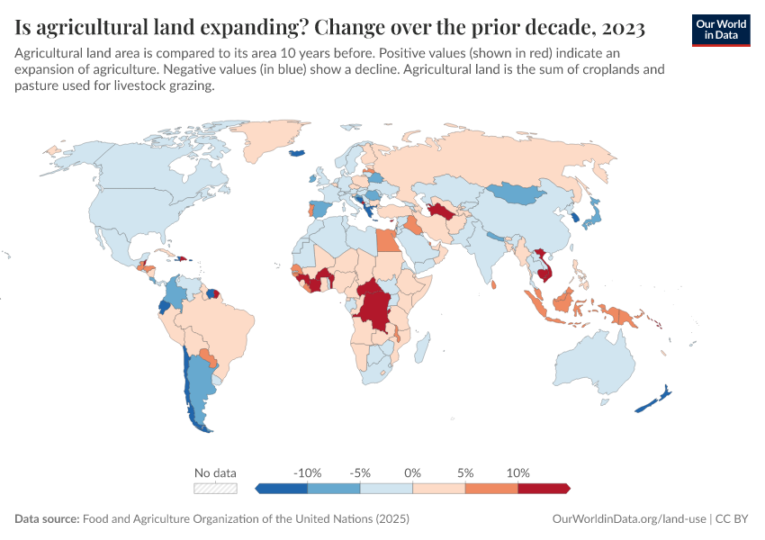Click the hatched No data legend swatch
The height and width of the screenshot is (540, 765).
(x=216, y=489)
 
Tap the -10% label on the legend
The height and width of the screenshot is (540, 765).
(x=308, y=472)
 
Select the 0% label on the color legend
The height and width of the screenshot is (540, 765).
(x=413, y=472)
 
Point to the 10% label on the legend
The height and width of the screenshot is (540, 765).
(x=518, y=472)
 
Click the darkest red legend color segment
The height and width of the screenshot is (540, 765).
(x=543, y=489)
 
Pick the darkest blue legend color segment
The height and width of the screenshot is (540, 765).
(x=283, y=489)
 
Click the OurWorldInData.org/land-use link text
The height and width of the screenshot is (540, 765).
(x=628, y=519)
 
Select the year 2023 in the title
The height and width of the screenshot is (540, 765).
(x=616, y=28)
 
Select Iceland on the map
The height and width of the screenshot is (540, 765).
(x=296, y=153)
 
